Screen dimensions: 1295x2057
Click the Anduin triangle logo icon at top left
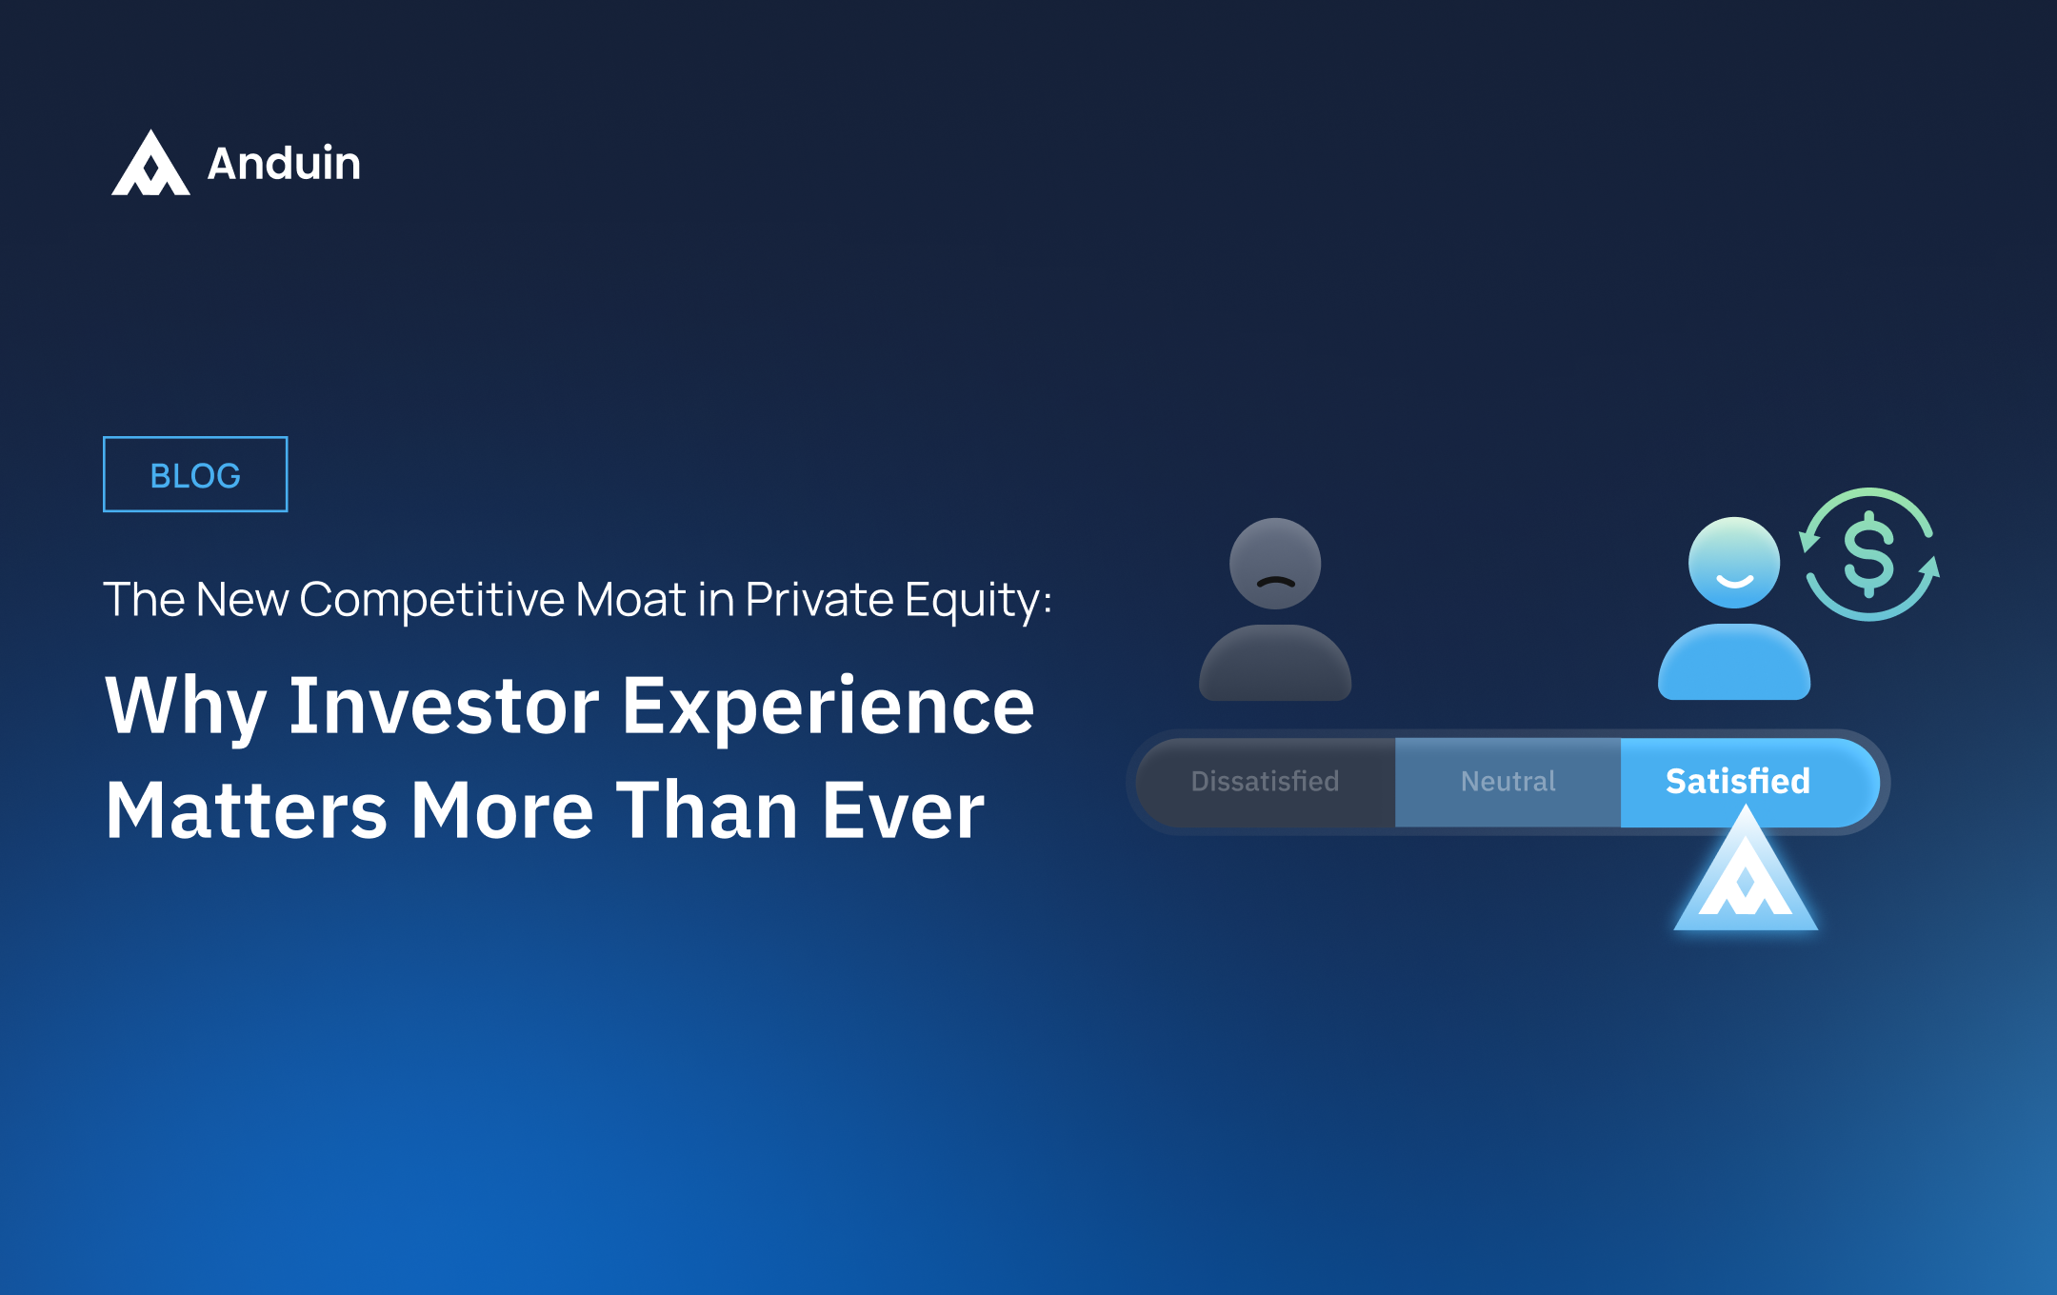click(x=150, y=166)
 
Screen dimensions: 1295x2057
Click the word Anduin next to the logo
click(x=284, y=164)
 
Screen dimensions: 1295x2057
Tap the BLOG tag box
click(x=195, y=474)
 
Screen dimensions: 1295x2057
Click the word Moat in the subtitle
click(x=630, y=600)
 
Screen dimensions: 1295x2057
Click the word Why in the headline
click(x=185, y=707)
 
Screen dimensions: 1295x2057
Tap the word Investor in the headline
click(x=444, y=706)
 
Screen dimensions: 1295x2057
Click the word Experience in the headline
click(x=828, y=707)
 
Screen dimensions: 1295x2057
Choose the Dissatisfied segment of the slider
click(x=1265, y=782)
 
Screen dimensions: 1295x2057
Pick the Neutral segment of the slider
click(x=1508, y=782)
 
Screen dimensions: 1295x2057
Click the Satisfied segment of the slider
click(x=1738, y=781)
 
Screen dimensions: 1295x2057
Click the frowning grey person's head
click(x=1274, y=564)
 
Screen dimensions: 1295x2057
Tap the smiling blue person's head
click(x=1733, y=563)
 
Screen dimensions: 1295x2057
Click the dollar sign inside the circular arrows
click(x=1868, y=554)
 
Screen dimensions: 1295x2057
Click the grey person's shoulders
click(x=1274, y=665)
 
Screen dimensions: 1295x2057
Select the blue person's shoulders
click(x=1733, y=664)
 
